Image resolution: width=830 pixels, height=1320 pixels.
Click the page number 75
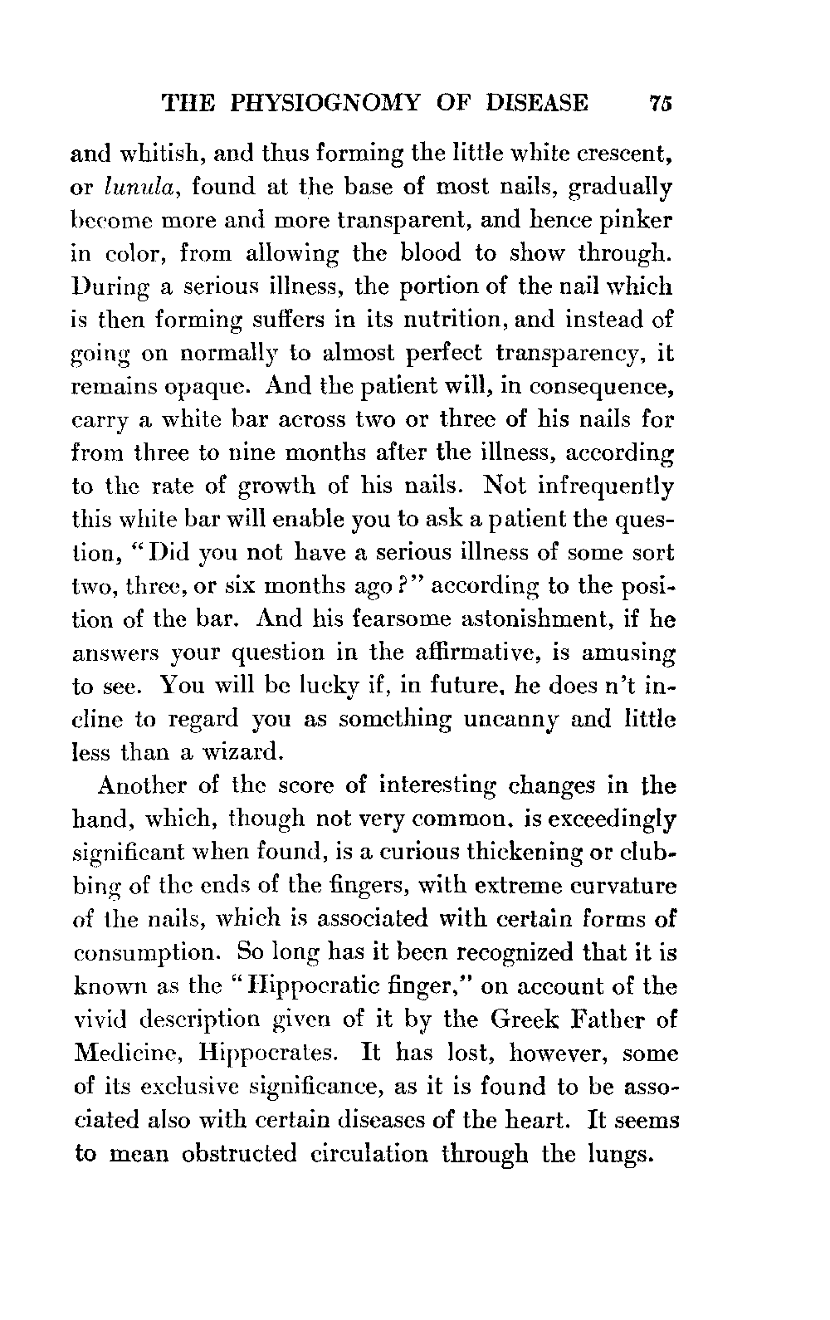point(661,102)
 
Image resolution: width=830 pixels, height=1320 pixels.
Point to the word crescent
point(625,153)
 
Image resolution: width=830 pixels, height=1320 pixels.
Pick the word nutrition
point(452,320)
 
